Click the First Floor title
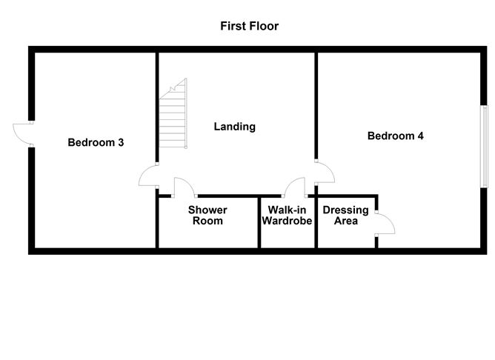pyautogui.click(x=250, y=26)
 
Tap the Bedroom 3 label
pyautogui.click(x=96, y=142)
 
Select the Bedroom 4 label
pyautogui.click(x=395, y=136)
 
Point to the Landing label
pyautogui.click(x=235, y=127)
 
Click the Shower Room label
pyautogui.click(x=207, y=215)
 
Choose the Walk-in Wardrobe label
pyautogui.click(x=287, y=215)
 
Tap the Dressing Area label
pyautogui.click(x=345, y=215)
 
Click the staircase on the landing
pyautogui.click(x=173, y=113)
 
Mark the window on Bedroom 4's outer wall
pyautogui.click(x=484, y=147)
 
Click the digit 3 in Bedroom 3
pyautogui.click(x=121, y=142)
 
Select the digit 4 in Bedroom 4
pyautogui.click(x=420, y=136)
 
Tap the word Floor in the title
pyautogui.click(x=264, y=26)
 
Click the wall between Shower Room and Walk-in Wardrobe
pyautogui.click(x=259, y=222)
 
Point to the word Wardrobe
pyautogui.click(x=287, y=221)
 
